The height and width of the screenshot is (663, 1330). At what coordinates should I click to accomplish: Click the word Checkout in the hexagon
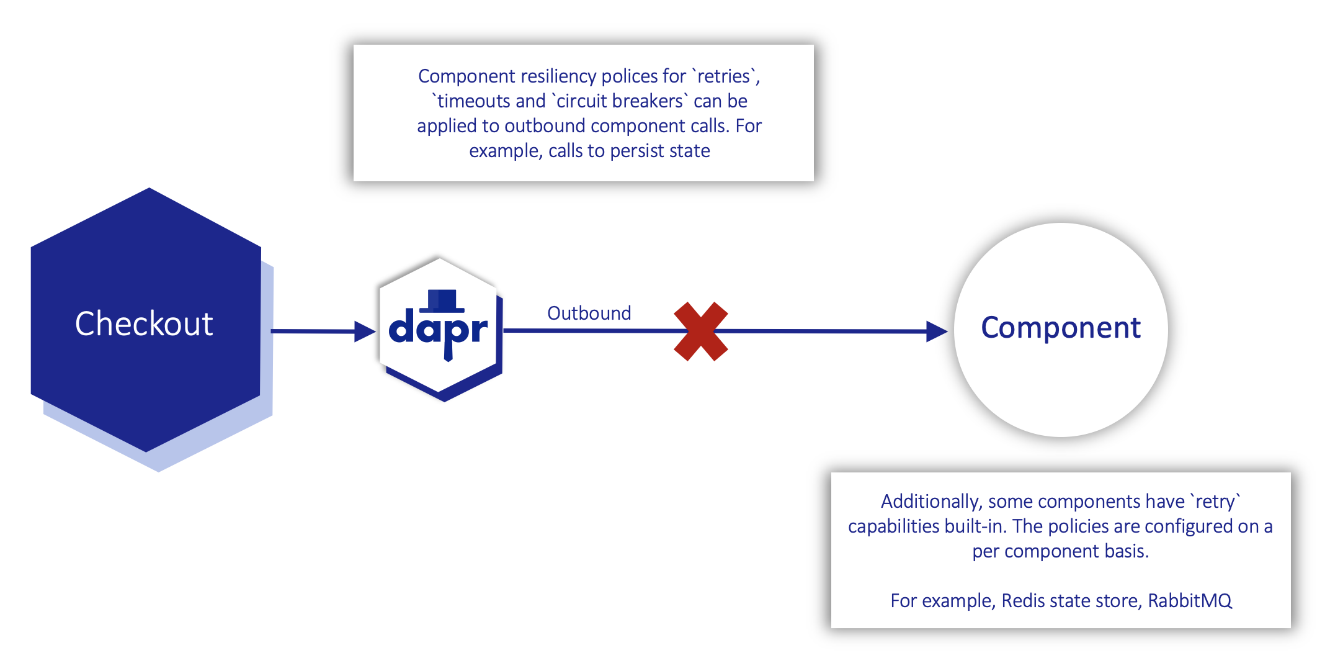pos(144,323)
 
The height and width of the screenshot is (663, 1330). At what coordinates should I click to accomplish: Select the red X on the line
pos(700,331)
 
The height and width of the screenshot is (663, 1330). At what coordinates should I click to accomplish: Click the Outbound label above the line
pos(589,313)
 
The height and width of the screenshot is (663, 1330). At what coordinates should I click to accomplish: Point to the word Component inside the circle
pos(1060,327)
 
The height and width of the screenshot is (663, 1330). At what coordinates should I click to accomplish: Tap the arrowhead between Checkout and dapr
pos(364,331)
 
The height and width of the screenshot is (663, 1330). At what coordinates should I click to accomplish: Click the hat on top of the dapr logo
pos(442,300)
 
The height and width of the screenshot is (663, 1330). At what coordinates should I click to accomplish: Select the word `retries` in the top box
pos(724,76)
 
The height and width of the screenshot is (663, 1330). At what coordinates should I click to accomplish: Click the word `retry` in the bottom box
pos(1215,501)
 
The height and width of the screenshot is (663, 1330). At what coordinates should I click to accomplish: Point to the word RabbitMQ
pos(1189,600)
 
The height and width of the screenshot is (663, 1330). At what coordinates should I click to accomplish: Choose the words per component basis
pos(1060,551)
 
